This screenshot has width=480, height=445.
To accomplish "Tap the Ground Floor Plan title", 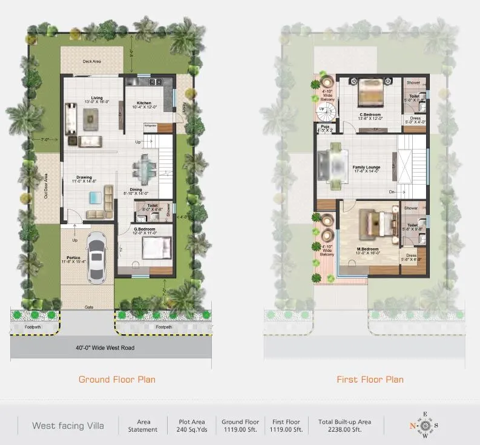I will tap(117, 380).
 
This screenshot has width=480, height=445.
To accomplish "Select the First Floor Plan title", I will tap(370, 380).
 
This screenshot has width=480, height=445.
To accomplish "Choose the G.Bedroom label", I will tap(145, 229).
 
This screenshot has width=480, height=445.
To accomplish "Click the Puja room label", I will tap(325, 127).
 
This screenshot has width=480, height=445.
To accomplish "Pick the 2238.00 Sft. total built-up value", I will tap(344, 430).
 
